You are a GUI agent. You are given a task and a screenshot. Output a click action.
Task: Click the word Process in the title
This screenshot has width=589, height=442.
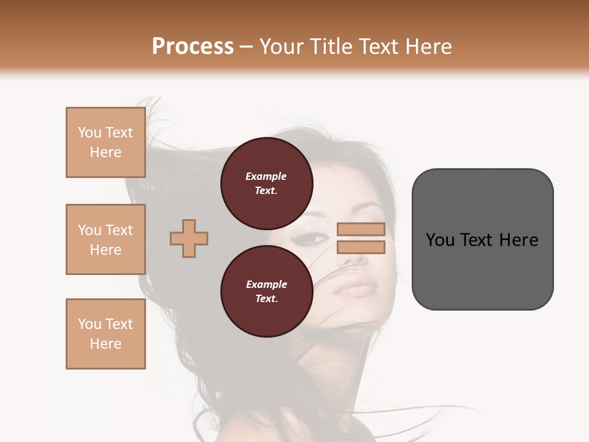(193, 47)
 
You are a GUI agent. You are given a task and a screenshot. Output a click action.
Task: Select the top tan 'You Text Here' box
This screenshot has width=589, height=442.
(106, 142)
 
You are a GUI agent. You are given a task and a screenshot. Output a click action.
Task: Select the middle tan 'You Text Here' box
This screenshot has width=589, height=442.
(106, 239)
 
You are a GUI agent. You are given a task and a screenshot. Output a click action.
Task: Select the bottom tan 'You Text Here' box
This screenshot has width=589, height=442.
(106, 334)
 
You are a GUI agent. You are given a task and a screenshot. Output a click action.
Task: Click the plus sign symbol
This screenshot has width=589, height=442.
(189, 238)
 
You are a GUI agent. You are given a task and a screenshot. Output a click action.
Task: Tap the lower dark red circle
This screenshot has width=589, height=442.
(267, 292)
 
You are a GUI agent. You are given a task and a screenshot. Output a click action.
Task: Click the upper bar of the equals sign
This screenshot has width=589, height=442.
(361, 230)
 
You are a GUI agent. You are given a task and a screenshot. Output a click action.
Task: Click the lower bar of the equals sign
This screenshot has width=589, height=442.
(361, 247)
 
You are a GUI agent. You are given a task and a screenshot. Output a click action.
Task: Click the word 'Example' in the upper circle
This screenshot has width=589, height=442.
(266, 176)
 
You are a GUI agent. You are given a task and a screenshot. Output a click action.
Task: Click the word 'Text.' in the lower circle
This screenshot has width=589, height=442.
(266, 298)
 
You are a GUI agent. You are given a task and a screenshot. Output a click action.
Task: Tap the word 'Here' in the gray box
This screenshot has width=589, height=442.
(518, 240)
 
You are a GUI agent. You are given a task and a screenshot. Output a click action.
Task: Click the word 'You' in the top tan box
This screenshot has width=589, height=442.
(90, 133)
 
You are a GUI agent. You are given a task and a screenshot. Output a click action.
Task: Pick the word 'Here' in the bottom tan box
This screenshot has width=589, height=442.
(106, 344)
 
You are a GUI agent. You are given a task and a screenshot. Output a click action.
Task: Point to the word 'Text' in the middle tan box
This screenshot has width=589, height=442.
(119, 230)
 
